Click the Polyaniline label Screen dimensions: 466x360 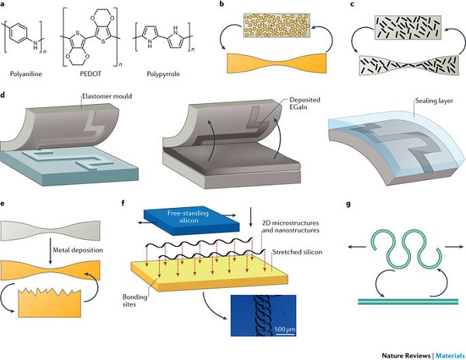pyautogui.click(x=26, y=74)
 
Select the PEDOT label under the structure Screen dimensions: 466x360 pyautogui.click(x=90, y=74)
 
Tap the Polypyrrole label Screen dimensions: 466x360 pyautogui.click(x=163, y=74)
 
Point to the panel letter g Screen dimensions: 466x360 pyautogui.click(x=348, y=204)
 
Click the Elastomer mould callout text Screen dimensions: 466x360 pyautogui.click(x=107, y=96)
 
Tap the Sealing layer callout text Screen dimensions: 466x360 pyautogui.click(x=434, y=101)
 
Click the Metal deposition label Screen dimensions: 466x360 pyautogui.click(x=78, y=250)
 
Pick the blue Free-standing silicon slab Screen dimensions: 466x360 pyautogui.click(x=191, y=219)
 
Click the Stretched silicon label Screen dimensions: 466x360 pyautogui.click(x=297, y=252)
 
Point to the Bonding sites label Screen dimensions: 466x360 pyautogui.click(x=134, y=300)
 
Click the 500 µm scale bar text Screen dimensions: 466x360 pyautogui.click(x=285, y=330)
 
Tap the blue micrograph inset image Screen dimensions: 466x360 pyautogui.click(x=263, y=316)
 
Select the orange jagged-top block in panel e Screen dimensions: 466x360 pyautogui.click(x=50, y=303)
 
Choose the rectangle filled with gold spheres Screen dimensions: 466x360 pyautogui.click(x=276, y=26)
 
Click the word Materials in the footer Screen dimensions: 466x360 pyautogui.click(x=450, y=355)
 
